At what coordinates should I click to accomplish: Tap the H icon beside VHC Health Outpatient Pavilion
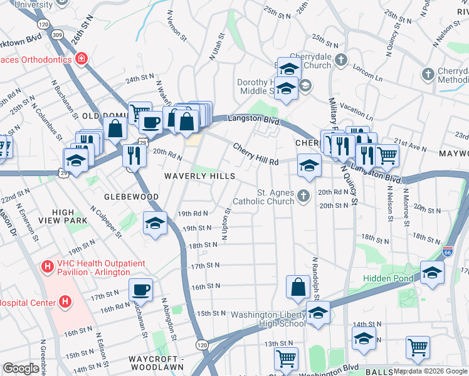click(x=46, y=267)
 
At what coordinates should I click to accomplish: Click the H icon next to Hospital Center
click(x=65, y=302)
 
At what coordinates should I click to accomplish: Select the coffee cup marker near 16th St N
click(x=140, y=290)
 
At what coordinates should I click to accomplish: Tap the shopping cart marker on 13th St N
click(x=286, y=359)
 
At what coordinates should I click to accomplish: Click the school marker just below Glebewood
click(x=155, y=223)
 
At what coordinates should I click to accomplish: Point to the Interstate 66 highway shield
click(x=447, y=251)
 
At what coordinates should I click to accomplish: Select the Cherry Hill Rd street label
click(x=255, y=154)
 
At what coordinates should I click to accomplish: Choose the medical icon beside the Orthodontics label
click(x=81, y=59)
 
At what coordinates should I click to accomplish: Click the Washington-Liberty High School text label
click(x=269, y=319)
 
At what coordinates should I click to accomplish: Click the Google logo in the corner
click(x=21, y=368)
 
